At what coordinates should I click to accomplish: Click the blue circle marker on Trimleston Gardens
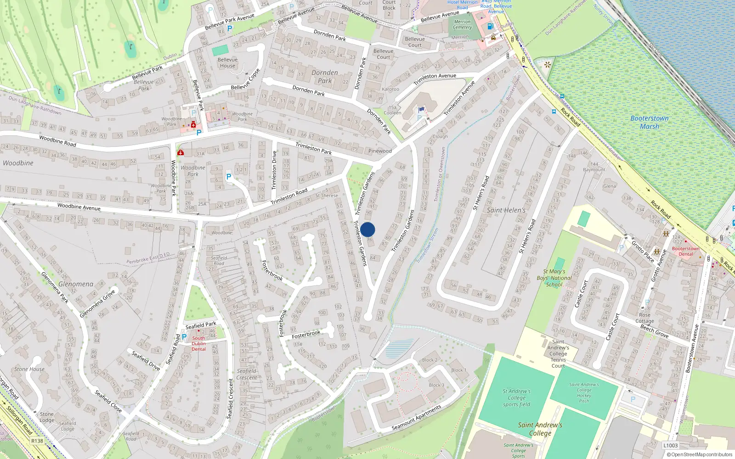pyautogui.click(x=367, y=229)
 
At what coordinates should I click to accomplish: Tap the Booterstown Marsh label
pyautogui.click(x=649, y=122)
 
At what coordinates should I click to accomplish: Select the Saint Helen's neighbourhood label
pyautogui.click(x=506, y=210)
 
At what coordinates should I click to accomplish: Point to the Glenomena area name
pyautogui.click(x=76, y=284)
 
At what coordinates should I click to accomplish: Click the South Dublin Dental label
pyautogui.click(x=198, y=343)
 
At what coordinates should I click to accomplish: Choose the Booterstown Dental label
pyautogui.click(x=685, y=252)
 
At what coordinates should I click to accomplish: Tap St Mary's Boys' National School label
pyautogui.click(x=554, y=278)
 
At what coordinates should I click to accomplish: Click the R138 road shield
pyautogui.click(x=37, y=441)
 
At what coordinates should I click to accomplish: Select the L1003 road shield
pyautogui.click(x=670, y=445)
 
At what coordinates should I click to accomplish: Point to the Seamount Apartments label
pyautogui.click(x=416, y=418)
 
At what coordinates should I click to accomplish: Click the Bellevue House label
pyautogui.click(x=227, y=62)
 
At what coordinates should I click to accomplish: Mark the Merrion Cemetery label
pyautogui.click(x=462, y=24)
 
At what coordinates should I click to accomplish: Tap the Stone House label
pyautogui.click(x=29, y=369)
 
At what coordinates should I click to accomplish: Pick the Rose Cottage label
pyautogui.click(x=645, y=318)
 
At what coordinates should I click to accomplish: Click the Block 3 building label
pyautogui.click(x=436, y=385)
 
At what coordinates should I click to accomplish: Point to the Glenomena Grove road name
pyautogui.click(x=97, y=303)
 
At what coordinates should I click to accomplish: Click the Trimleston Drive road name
pyautogui.click(x=275, y=170)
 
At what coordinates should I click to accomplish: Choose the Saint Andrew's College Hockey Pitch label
pyautogui.click(x=584, y=392)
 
